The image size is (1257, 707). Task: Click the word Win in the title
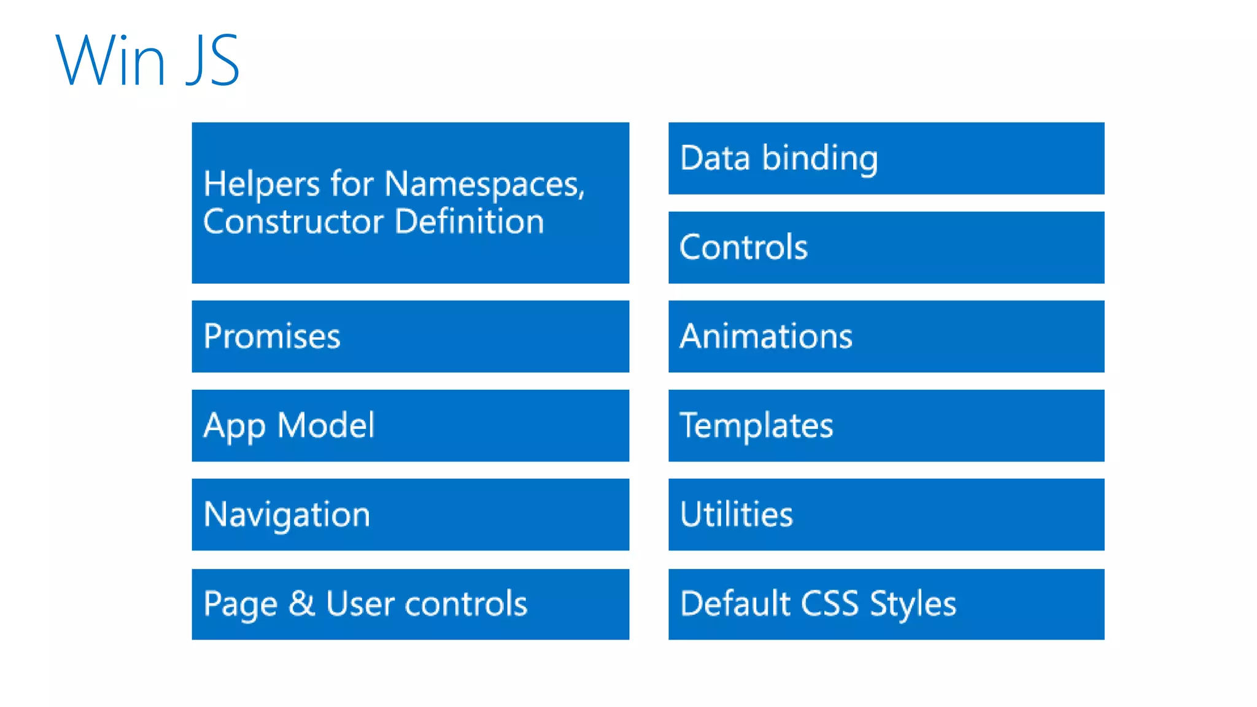(110, 60)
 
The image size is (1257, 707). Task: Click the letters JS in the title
(212, 60)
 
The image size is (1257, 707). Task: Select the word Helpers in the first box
(261, 184)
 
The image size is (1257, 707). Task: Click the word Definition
(470, 222)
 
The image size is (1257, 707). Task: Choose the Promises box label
(272, 336)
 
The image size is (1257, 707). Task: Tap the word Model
(326, 425)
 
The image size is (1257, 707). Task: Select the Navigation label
(287, 515)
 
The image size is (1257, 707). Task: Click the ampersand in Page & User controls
(301, 603)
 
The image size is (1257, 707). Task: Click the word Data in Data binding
(716, 158)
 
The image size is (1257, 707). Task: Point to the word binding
(820, 159)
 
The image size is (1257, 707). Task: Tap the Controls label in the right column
(743, 247)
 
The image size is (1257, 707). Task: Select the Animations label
(766, 336)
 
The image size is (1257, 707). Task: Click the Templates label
(756, 425)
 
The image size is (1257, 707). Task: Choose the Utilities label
(737, 514)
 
